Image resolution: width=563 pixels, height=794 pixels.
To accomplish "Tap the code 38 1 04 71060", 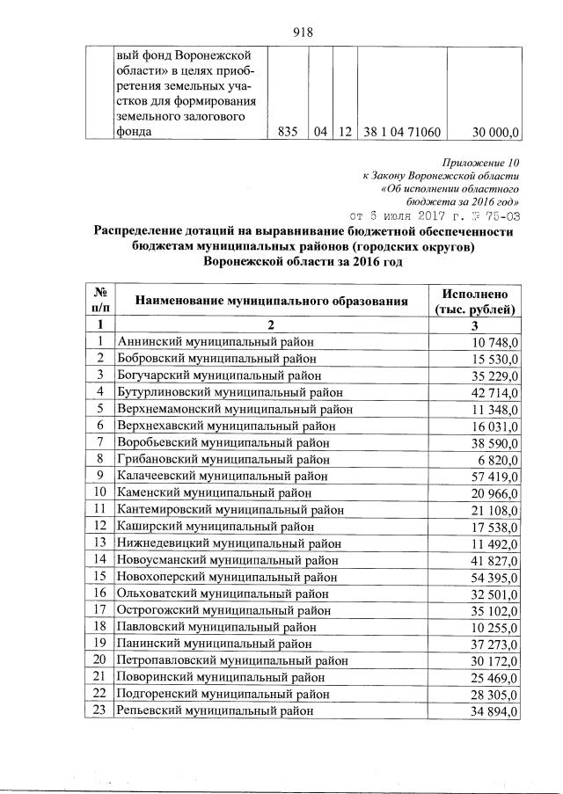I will click(401, 132).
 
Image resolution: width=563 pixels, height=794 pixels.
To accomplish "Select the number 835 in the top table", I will click(287, 132).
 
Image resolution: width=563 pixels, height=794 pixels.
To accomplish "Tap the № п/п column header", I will click(100, 302).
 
